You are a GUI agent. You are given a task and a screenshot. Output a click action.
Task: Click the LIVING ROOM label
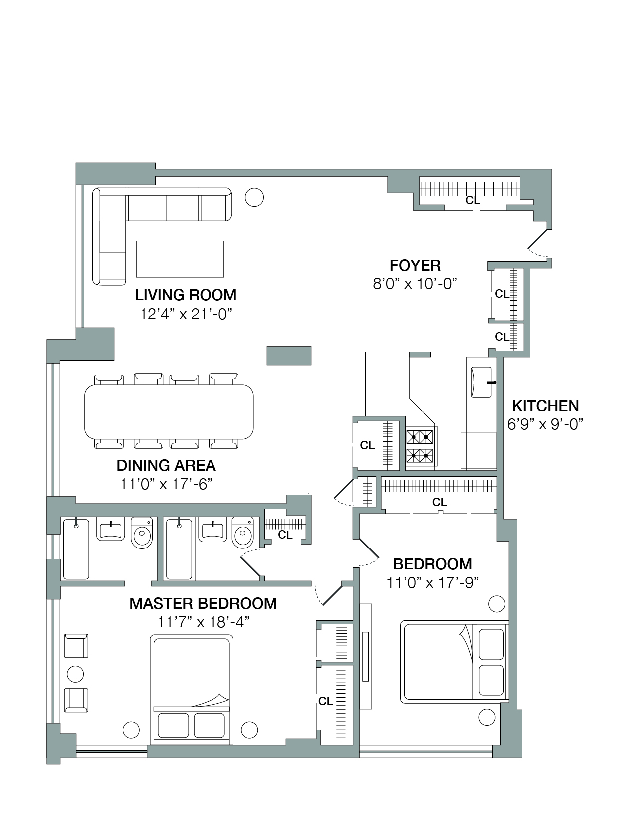pyautogui.click(x=186, y=295)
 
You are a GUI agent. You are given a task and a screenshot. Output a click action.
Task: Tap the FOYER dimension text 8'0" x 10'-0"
pyautogui.click(x=415, y=283)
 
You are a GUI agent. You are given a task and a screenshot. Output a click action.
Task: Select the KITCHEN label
pyautogui.click(x=546, y=406)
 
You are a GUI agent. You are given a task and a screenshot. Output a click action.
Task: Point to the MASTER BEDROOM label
pyautogui.click(x=203, y=603)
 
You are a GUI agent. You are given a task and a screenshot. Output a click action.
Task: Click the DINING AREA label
pyautogui.click(x=166, y=466)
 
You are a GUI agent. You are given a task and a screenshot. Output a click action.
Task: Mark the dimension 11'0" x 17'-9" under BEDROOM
pyautogui.click(x=432, y=583)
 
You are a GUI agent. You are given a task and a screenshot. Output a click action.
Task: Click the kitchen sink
pyautogui.click(x=481, y=382)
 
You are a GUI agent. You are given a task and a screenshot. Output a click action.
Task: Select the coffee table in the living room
pyautogui.click(x=180, y=259)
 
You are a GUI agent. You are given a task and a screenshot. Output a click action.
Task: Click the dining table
pyautogui.click(x=169, y=411)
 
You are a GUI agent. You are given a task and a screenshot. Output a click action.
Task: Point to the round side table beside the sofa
pyautogui.click(x=254, y=197)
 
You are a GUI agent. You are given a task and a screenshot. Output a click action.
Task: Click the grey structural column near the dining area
pyautogui.click(x=289, y=356)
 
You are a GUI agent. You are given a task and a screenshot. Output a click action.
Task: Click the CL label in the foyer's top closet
pyautogui.click(x=473, y=200)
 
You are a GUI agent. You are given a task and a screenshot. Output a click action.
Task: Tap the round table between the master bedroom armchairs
pyautogui.click(x=75, y=674)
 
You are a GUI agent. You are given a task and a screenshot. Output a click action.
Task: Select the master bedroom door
pyautogui.click(x=333, y=595)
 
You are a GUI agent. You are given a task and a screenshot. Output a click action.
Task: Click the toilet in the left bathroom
pyautogui.click(x=142, y=532)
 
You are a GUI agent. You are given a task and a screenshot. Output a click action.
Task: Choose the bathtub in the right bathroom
pyautogui.click(x=179, y=549)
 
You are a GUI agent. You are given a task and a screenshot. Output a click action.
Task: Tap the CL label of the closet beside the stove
pyautogui.click(x=367, y=445)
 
